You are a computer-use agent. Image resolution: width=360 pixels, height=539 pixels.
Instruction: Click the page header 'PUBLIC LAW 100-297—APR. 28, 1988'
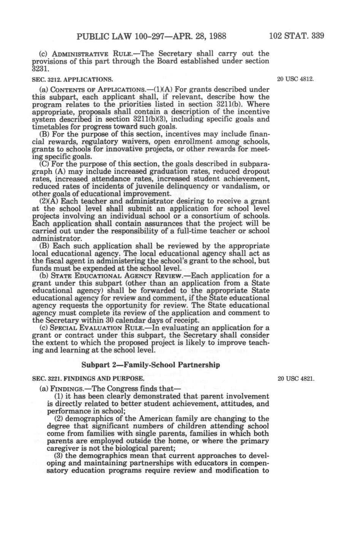(151, 36)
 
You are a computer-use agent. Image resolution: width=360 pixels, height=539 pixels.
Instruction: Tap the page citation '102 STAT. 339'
(296, 36)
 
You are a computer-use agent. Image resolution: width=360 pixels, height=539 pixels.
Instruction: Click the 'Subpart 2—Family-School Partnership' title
(151, 365)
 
